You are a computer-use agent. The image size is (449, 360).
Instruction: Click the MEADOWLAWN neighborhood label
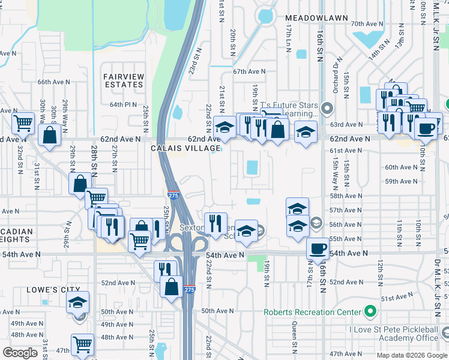pyautogui.click(x=316, y=19)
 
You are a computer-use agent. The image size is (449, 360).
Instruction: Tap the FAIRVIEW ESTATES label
pyautogui.click(x=123, y=80)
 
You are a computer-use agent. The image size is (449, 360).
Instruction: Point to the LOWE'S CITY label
pyautogui.click(x=45, y=290)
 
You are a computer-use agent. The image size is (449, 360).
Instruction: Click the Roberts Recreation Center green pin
pyautogui.click(x=370, y=311)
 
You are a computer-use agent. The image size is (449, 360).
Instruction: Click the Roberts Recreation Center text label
pyautogui.click(x=313, y=312)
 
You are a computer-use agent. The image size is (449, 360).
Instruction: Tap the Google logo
pyautogui.click(x=20, y=352)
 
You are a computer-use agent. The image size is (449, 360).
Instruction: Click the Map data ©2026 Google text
pyautogui.click(x=412, y=355)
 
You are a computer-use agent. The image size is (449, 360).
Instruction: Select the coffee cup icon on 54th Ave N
pyautogui.click(x=318, y=248)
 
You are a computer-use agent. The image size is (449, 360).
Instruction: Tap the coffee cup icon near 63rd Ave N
pyautogui.click(x=427, y=128)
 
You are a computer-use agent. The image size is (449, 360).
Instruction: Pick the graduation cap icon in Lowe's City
pyautogui.click(x=77, y=302)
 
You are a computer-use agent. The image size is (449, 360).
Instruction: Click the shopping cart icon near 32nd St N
pyautogui.click(x=23, y=123)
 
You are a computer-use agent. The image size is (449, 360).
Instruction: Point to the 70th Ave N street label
pyautogui.click(x=367, y=24)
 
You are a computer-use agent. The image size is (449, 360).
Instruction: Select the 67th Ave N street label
pyautogui.click(x=249, y=71)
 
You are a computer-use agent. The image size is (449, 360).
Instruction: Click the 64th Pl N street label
pyautogui.click(x=124, y=104)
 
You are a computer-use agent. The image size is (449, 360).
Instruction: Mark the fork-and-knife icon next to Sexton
pyautogui.click(x=215, y=223)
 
